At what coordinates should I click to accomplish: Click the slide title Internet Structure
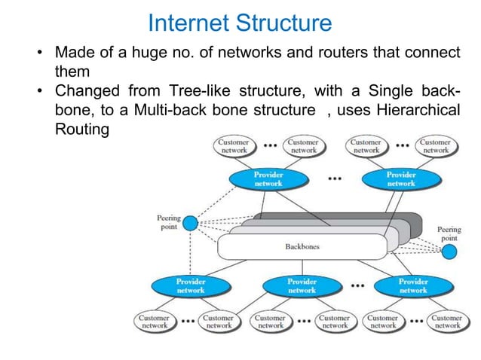pos(240,23)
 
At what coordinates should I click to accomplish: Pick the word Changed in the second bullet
pos(85,92)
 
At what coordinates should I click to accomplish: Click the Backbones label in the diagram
pos(302,246)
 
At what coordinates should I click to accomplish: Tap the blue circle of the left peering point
pos(190,224)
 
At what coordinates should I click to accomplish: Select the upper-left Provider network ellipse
pos(268,179)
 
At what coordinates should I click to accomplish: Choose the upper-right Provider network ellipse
pos(400,179)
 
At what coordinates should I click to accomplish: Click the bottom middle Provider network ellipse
pos(302,286)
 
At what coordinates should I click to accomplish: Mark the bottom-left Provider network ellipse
pos(190,286)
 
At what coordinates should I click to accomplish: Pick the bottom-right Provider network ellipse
pos(413,286)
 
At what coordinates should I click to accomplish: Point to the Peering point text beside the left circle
pos(168,223)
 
